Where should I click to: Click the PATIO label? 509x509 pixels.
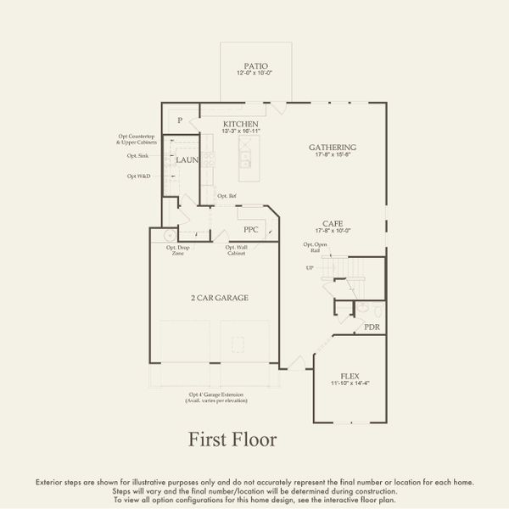(255, 65)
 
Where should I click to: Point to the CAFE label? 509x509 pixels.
(332, 224)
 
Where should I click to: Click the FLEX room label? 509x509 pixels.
(350, 376)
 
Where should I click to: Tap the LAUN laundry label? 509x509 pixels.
(187, 159)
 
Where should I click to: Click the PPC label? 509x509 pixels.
(250, 229)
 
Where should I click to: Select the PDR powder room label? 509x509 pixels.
(372, 327)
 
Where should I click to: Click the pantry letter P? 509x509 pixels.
(180, 121)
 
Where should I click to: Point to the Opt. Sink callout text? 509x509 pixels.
(138, 156)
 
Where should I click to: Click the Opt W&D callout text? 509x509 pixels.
(138, 176)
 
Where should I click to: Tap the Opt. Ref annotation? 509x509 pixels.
(227, 196)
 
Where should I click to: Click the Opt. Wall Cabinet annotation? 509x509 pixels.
(237, 250)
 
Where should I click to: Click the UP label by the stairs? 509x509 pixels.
(310, 267)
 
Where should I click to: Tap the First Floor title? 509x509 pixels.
(232, 439)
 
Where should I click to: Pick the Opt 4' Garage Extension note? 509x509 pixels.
(215, 397)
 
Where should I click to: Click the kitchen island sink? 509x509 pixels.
(245, 159)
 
